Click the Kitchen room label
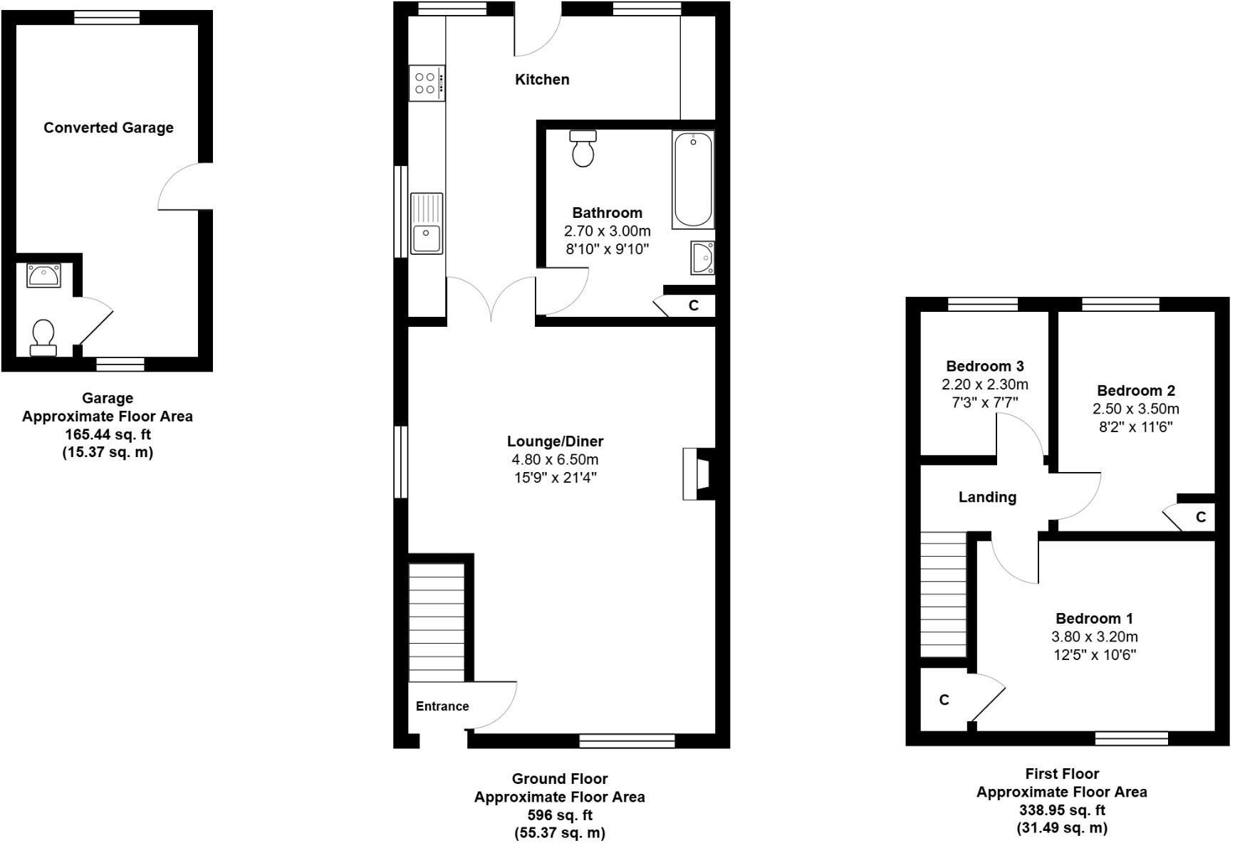pos(542,80)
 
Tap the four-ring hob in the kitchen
pos(427,83)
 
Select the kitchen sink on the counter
pos(426,224)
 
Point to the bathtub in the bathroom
pos(692,179)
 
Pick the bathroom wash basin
pos(702,258)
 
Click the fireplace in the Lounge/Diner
pos(697,474)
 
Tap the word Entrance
pos(442,706)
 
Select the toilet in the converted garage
pos(43,337)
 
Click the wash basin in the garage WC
pos(43,276)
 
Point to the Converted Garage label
pos(108,128)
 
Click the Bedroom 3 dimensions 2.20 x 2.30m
pos(984,384)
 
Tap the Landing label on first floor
pos(986,498)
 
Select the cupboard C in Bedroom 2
pos(1200,518)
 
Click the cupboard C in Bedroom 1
pos(944,701)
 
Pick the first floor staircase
pos(943,595)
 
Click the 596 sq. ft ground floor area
pos(559,815)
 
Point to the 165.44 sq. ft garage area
pos(108,434)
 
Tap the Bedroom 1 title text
pos(1094,619)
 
